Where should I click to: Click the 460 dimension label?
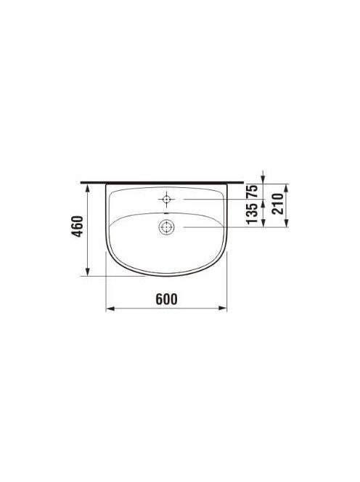pyautogui.click(x=78, y=226)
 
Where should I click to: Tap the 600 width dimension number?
pyautogui.click(x=167, y=299)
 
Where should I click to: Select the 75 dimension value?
pyautogui.click(x=253, y=192)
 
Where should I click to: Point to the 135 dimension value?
pyautogui.click(x=253, y=213)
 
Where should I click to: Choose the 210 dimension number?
pyautogui.click(x=278, y=203)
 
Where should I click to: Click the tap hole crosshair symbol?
pyautogui.click(x=166, y=199)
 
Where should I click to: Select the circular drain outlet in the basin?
pyautogui.click(x=166, y=227)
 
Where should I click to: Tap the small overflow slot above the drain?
pyautogui.click(x=166, y=213)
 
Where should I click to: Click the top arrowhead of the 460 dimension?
pyautogui.click(x=88, y=188)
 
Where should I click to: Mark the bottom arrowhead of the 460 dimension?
pyautogui.click(x=88, y=271)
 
